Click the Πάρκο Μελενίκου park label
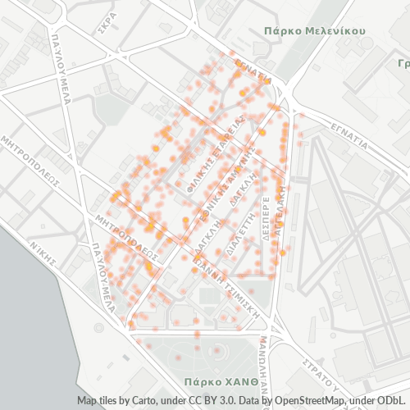(x=314, y=30)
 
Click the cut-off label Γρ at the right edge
(x=403, y=63)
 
